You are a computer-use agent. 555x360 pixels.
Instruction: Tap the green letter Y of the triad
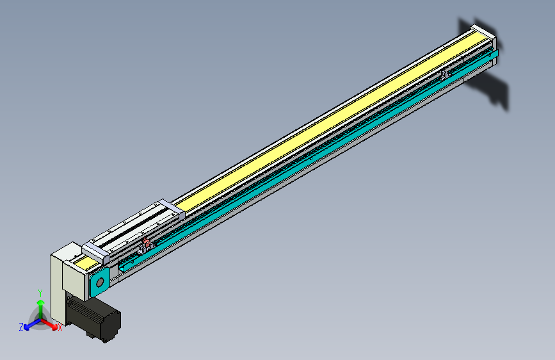[40, 291]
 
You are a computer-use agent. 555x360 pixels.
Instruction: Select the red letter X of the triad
[60, 328]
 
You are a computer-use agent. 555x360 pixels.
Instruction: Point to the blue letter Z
[20, 327]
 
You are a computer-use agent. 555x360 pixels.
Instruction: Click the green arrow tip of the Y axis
[40, 302]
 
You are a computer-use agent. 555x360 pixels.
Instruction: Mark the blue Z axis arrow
[29, 325]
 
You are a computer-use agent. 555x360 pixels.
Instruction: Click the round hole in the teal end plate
[100, 282]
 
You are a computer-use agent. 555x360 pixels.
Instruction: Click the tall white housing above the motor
[65, 282]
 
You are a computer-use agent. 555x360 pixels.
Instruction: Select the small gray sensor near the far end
[445, 76]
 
